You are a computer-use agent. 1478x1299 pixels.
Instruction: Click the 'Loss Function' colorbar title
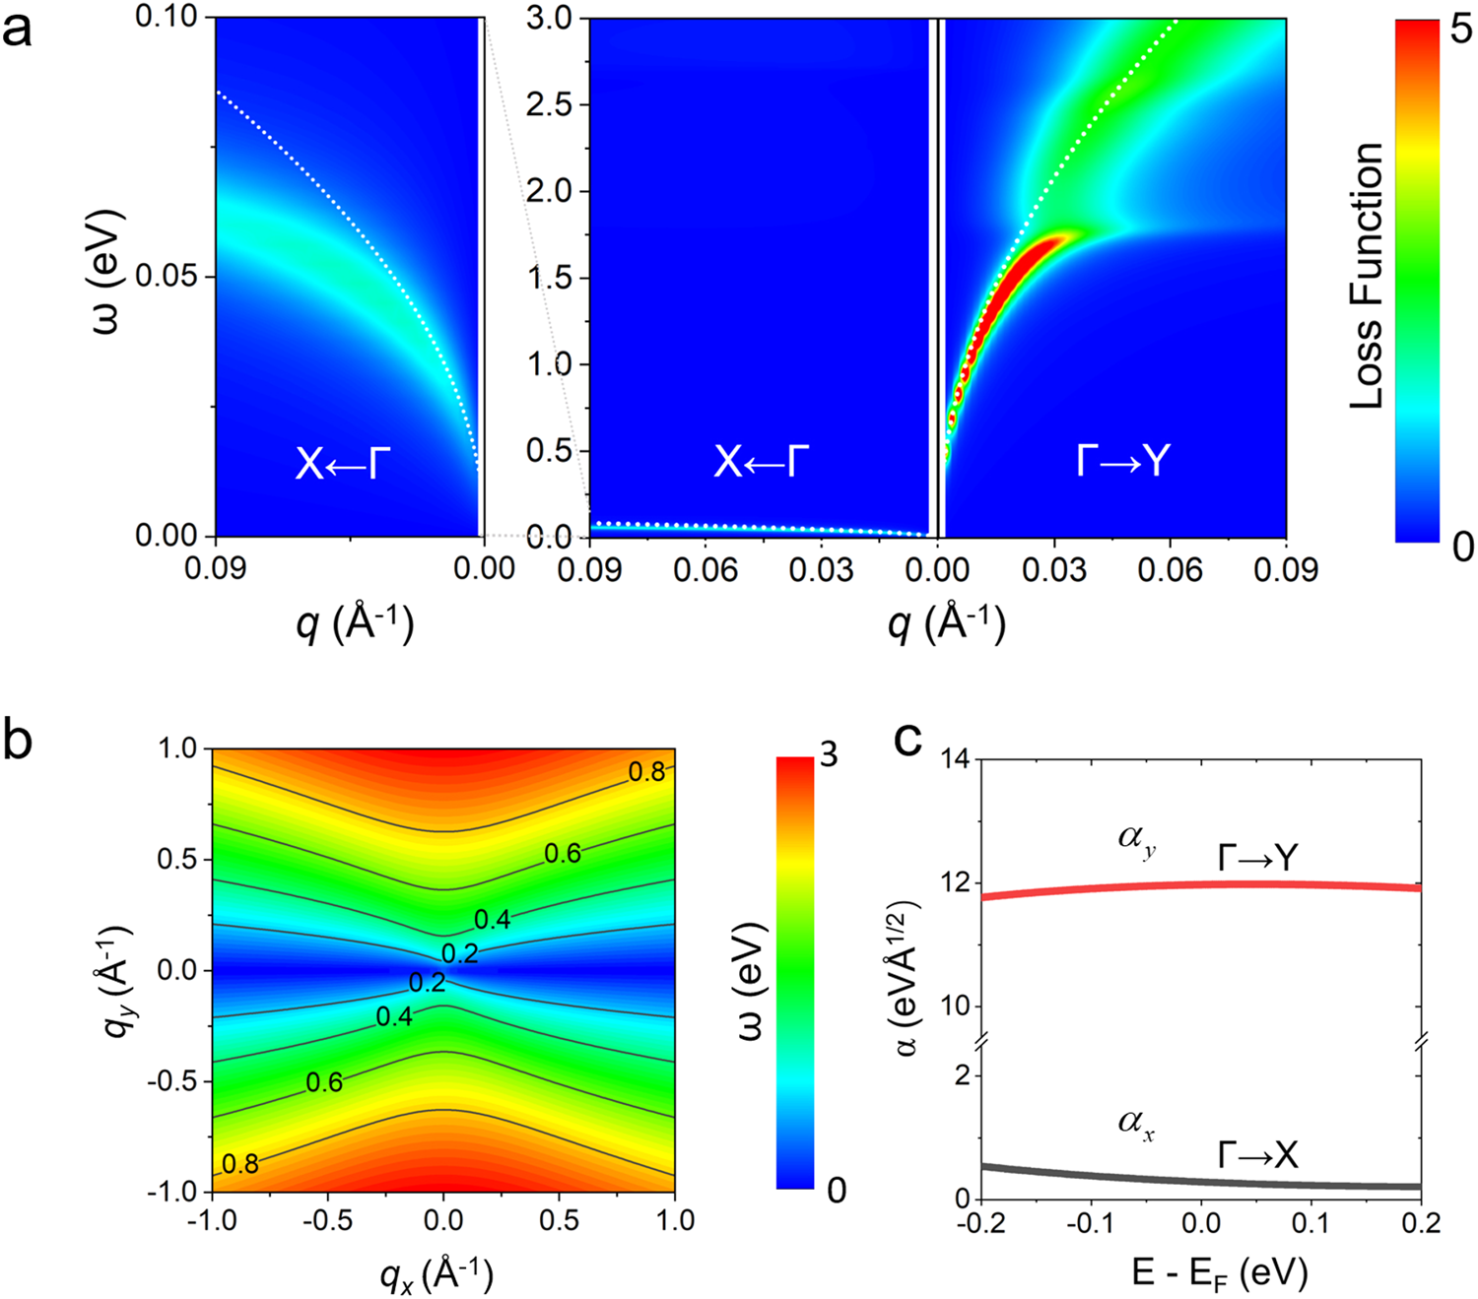click(x=1367, y=276)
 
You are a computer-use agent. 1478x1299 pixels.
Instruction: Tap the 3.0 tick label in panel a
click(x=550, y=18)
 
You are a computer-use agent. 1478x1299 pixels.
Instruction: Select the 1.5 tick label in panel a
click(x=550, y=278)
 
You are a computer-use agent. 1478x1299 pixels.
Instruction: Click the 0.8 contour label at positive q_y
click(x=646, y=771)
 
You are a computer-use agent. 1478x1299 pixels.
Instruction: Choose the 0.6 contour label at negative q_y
click(x=324, y=1083)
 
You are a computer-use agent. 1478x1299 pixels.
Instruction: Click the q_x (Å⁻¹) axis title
click(x=437, y=1275)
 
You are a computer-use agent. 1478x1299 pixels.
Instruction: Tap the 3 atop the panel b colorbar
click(x=829, y=755)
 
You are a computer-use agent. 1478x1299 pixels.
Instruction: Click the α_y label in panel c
click(x=1134, y=842)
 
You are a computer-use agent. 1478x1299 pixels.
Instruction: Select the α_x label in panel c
click(x=1136, y=1123)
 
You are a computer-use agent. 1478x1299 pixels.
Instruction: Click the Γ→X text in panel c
click(x=1258, y=1154)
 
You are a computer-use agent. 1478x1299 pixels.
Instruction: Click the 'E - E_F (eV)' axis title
click(x=1220, y=1272)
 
